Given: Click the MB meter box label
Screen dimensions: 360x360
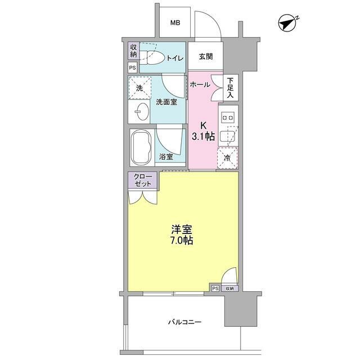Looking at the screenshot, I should [x=175, y=23].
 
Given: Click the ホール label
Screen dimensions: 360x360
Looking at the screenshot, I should [x=200, y=85].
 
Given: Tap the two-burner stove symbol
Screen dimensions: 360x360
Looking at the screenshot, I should [x=229, y=117].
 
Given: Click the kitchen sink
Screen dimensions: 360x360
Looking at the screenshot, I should [x=229, y=136].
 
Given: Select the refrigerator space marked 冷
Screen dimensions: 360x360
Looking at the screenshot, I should [x=228, y=157].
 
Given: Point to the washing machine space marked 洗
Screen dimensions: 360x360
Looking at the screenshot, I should [x=141, y=88].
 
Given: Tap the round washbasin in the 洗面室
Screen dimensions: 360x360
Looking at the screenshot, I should [x=138, y=112].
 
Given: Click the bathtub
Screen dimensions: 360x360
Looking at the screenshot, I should [x=142, y=147].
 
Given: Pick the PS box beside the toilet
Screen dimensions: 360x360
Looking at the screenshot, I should [x=133, y=67].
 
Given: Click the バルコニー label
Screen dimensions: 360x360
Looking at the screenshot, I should [x=184, y=322].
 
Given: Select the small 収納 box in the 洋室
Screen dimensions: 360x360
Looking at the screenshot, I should [x=229, y=288].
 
